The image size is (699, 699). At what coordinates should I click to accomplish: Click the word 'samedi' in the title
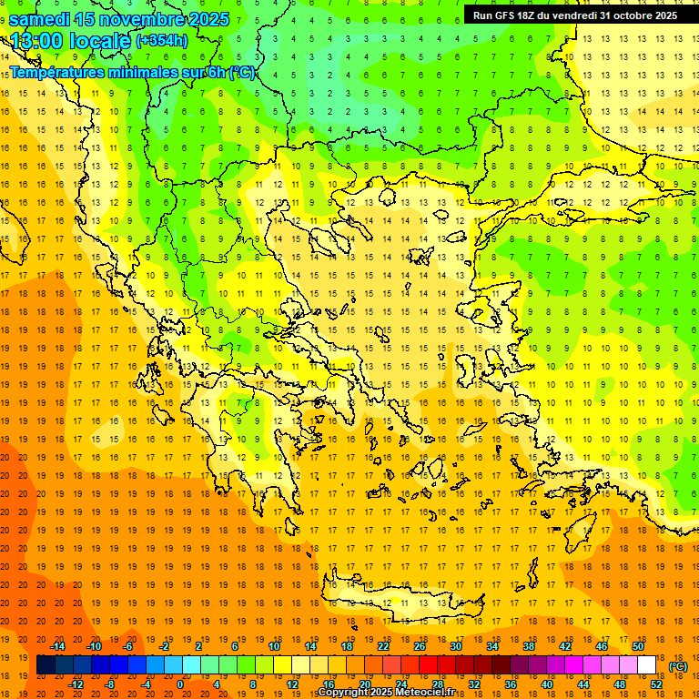pyautogui.click(x=41, y=19)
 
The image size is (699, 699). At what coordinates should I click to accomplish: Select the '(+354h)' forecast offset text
pyautogui.click(x=162, y=41)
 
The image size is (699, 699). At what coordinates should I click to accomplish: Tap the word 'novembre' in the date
pyautogui.click(x=141, y=19)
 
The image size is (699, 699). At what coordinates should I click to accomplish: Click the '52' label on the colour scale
pyautogui.click(x=656, y=684)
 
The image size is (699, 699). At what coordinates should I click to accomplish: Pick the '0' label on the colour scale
pyautogui.click(x=180, y=684)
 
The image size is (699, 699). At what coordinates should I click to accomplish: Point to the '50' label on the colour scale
pyautogui.click(x=638, y=646)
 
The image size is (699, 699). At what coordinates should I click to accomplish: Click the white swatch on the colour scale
pyautogui.click(x=647, y=665)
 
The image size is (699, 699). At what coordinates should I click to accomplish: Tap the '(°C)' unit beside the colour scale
pyautogui.click(x=678, y=666)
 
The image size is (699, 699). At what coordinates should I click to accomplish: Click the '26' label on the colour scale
pyautogui.click(x=420, y=646)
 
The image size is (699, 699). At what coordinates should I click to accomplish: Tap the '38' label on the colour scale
pyautogui.click(x=529, y=646)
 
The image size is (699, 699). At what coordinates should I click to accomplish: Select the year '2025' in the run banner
pyautogui.click(x=663, y=15)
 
